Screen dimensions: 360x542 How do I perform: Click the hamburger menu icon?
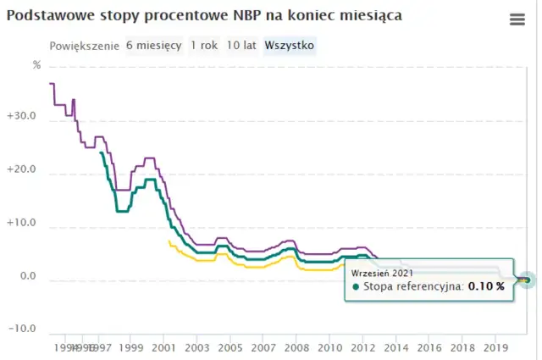click(517, 19)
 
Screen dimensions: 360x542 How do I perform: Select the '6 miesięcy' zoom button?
click(153, 45)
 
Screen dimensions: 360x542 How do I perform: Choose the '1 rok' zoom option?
click(204, 45)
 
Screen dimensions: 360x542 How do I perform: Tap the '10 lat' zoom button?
click(241, 45)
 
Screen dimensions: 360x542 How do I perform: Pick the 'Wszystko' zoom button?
click(290, 45)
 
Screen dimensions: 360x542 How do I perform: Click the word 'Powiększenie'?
click(85, 45)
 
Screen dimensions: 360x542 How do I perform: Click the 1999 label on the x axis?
click(131, 347)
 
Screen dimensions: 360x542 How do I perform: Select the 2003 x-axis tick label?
click(196, 347)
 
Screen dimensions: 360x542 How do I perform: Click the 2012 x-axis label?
click(362, 347)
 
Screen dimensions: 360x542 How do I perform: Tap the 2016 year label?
click(429, 347)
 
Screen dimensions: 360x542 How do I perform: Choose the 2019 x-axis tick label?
click(495, 347)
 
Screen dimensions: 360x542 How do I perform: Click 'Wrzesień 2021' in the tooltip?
click(381, 272)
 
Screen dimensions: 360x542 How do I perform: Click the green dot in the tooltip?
click(357, 286)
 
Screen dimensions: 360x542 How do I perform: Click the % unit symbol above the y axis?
click(36, 64)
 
